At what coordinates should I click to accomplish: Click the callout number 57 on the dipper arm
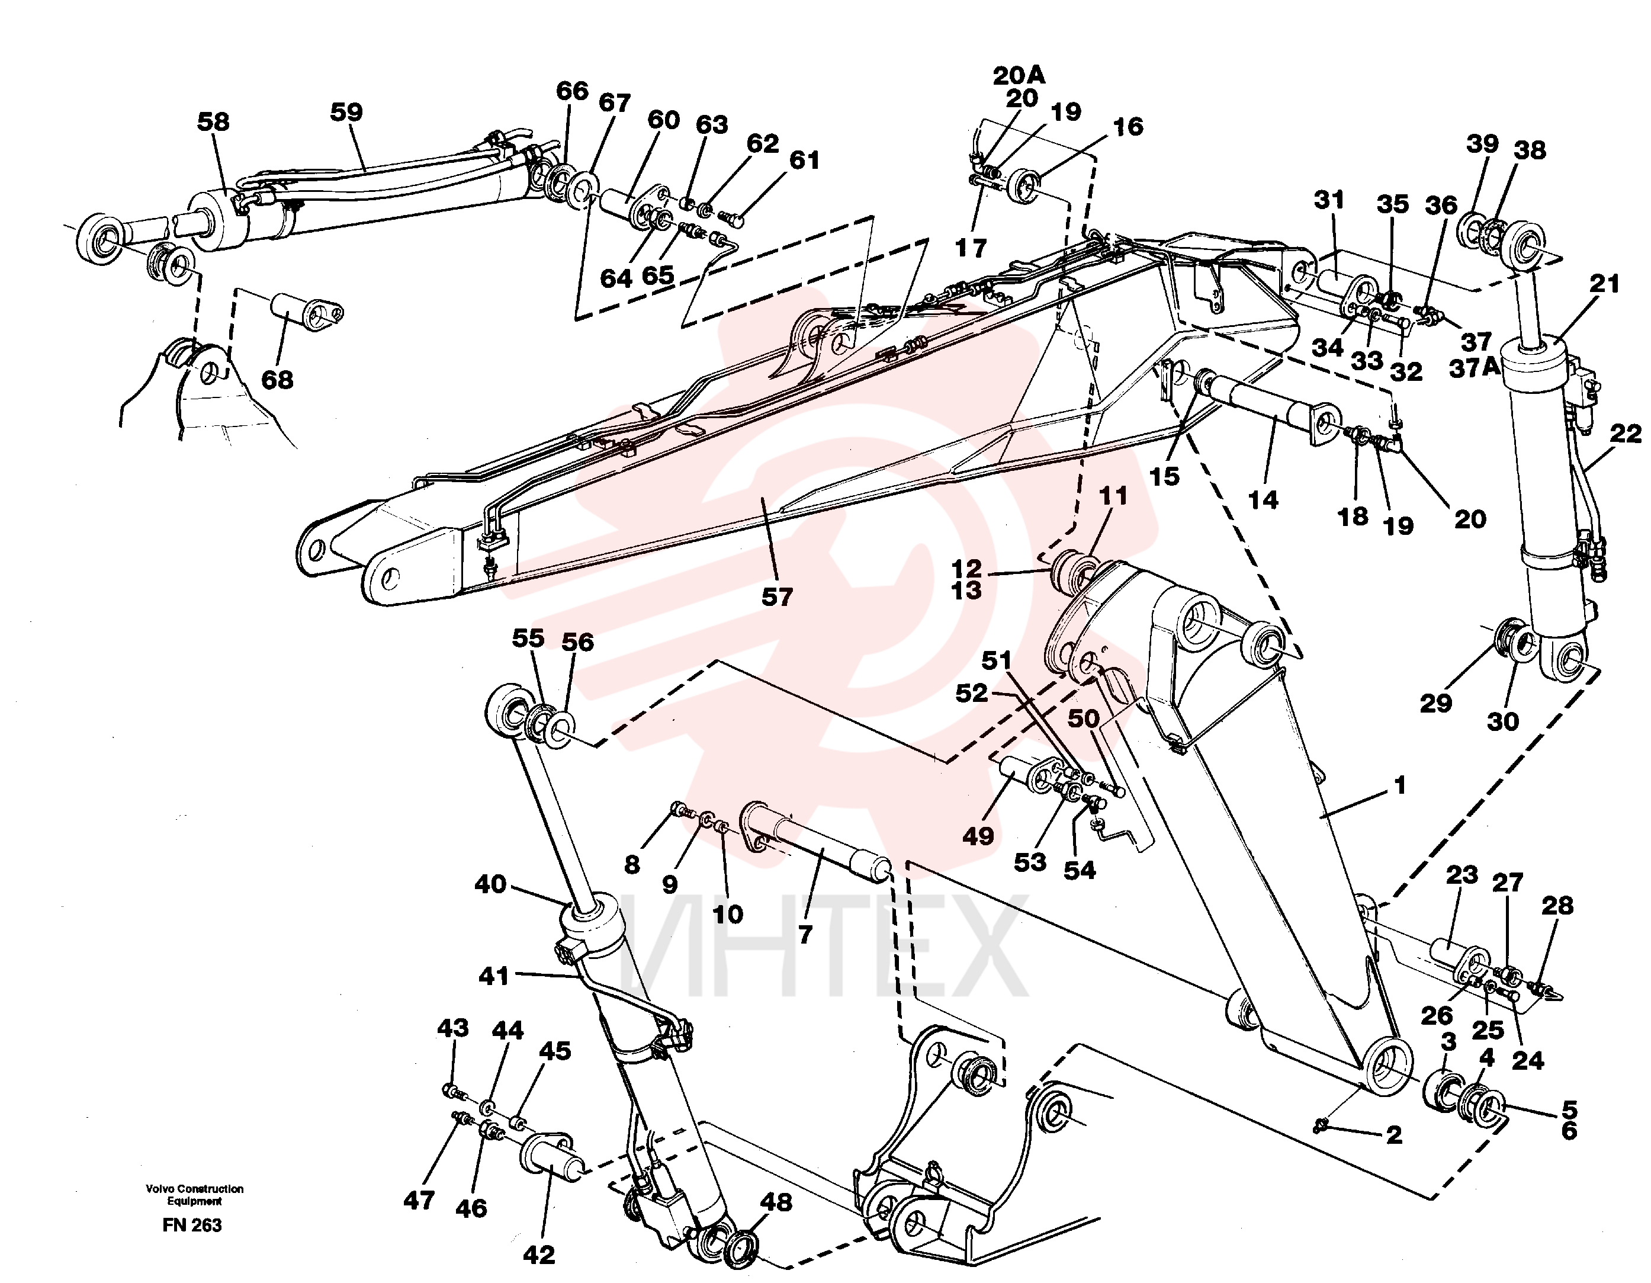click(x=776, y=596)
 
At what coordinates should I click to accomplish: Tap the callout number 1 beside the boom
click(x=1399, y=785)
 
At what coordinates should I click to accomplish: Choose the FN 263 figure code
click(x=192, y=1226)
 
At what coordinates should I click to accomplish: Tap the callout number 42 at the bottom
click(x=538, y=1255)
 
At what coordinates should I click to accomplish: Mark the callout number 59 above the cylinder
click(x=346, y=112)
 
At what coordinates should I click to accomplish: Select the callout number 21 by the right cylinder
click(x=1604, y=284)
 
